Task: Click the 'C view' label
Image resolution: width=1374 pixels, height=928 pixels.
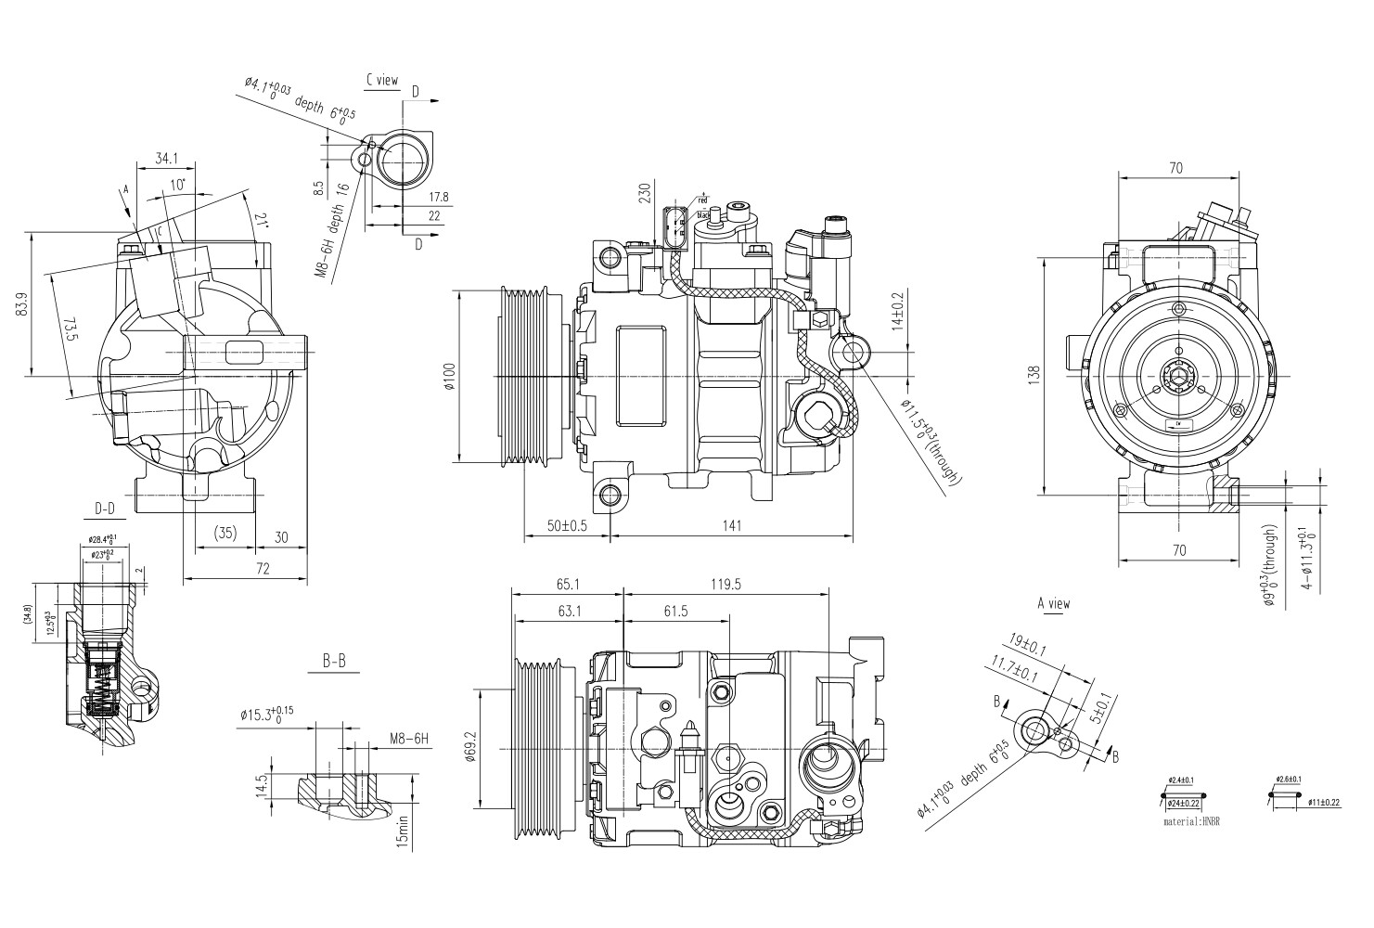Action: tap(381, 81)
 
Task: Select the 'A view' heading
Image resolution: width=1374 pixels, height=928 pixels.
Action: tap(1053, 604)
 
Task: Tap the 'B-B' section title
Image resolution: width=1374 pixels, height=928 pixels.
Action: tap(334, 661)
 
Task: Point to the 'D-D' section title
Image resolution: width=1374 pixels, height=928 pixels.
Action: tap(105, 509)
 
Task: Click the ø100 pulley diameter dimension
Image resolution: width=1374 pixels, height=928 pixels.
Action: tap(449, 376)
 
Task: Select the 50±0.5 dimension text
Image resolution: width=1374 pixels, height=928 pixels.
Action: tap(567, 526)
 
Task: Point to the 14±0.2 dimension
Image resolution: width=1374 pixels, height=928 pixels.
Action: tap(896, 313)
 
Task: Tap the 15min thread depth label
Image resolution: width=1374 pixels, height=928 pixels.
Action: tap(402, 830)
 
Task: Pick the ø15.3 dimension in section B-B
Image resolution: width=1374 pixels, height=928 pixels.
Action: tap(266, 715)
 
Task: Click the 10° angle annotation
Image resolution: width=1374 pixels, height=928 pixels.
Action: tap(177, 184)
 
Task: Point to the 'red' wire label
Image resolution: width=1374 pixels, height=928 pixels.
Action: tap(702, 200)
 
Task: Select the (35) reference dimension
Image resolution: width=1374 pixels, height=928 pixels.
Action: tap(225, 533)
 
